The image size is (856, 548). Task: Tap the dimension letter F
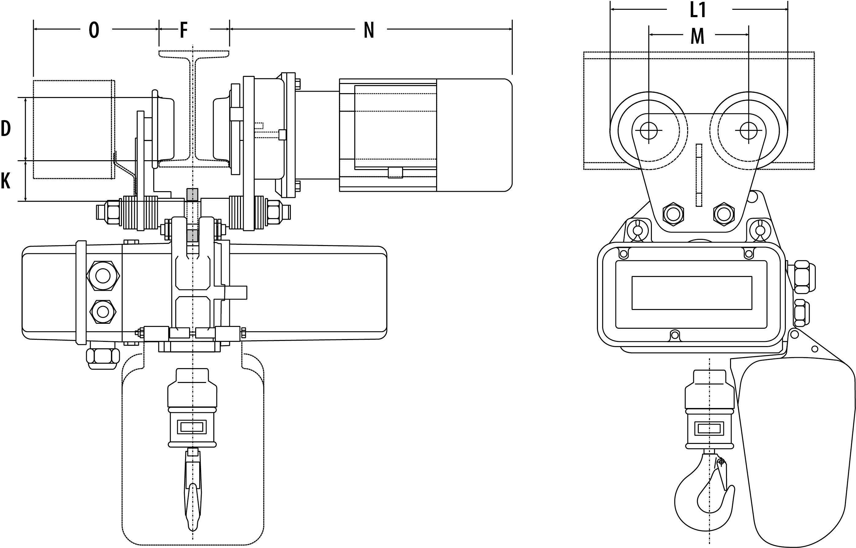click(183, 30)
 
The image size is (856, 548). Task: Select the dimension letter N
click(369, 30)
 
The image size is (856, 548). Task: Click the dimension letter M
click(697, 36)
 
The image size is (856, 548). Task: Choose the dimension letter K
click(5, 181)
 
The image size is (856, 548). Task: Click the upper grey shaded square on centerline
click(192, 195)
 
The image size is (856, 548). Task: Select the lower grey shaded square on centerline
click(192, 236)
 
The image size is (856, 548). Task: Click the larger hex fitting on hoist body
click(103, 276)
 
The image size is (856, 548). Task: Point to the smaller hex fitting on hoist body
click(103, 312)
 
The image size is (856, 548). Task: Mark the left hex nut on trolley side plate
click(673, 214)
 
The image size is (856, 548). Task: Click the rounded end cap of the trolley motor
click(474, 135)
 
